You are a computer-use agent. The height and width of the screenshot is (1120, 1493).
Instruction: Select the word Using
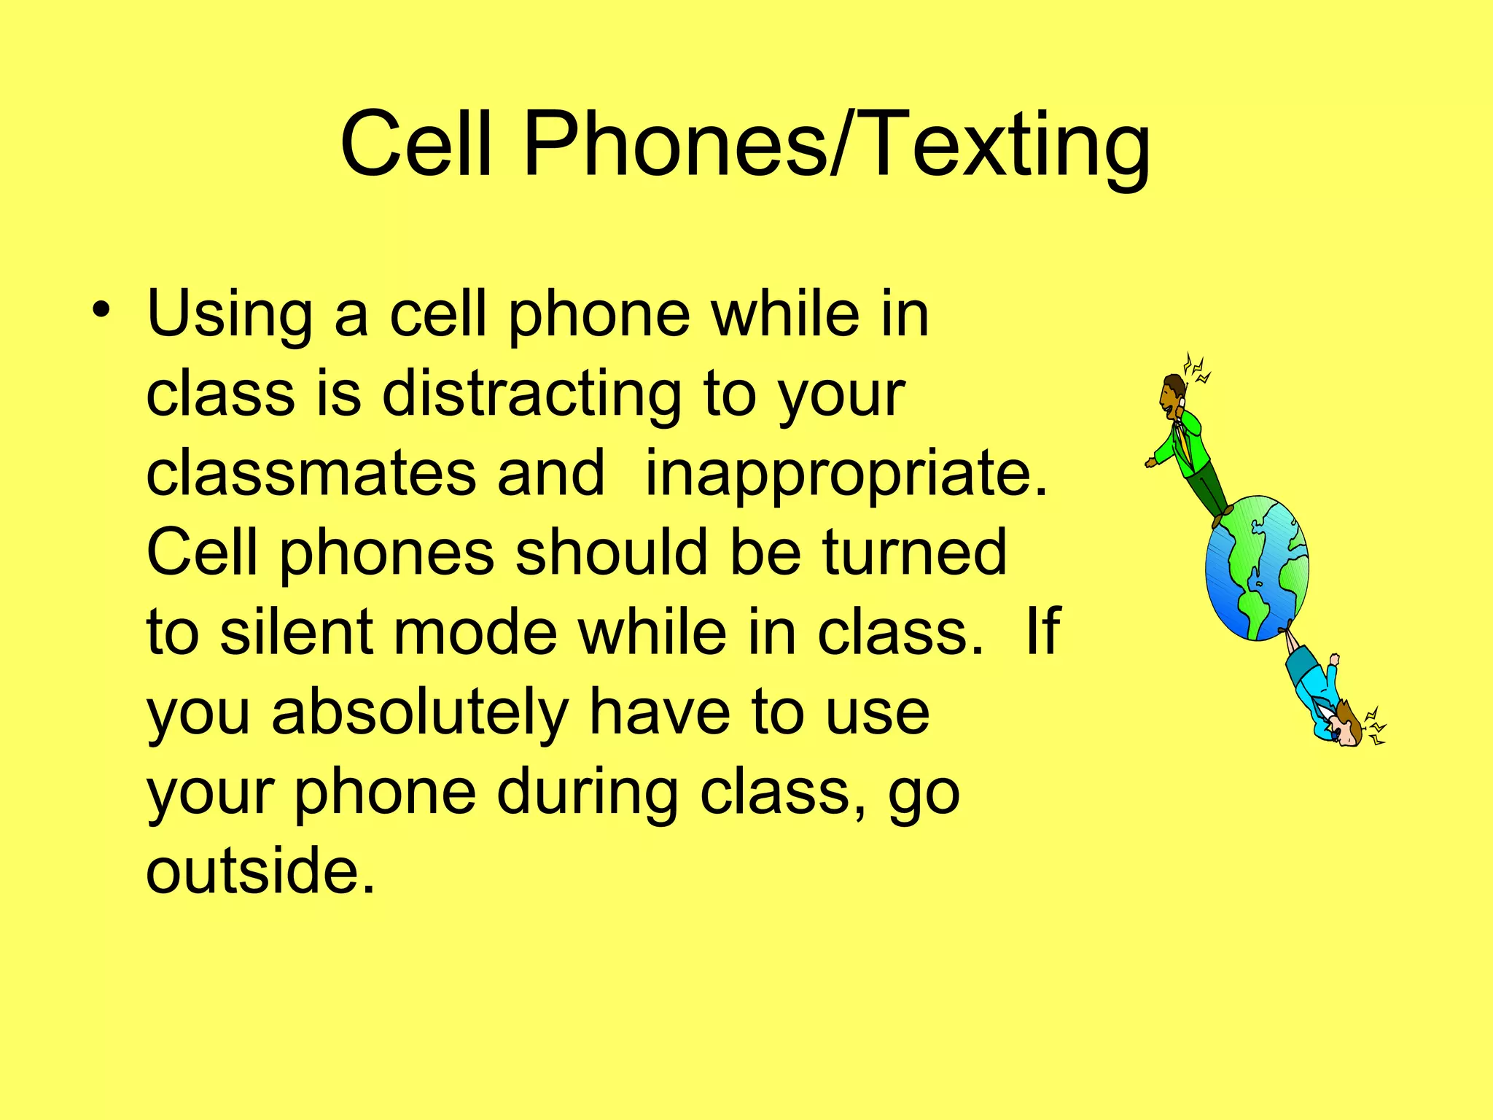click(229, 315)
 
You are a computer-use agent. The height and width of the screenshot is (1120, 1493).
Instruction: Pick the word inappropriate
click(846, 474)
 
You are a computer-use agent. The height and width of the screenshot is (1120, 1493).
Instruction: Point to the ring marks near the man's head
click(1197, 367)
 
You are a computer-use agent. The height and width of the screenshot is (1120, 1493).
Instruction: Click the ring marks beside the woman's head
click(1375, 726)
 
